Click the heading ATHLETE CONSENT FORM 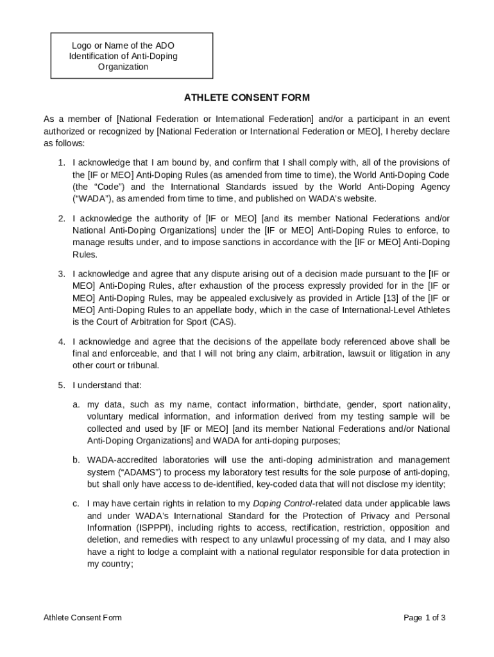point(247,98)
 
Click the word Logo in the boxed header point(81,46)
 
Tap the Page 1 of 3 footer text point(424,618)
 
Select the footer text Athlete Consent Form point(83,618)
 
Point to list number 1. point(62,162)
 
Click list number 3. point(62,273)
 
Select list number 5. point(62,385)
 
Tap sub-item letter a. point(76,404)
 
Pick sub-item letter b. point(76,460)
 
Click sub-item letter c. point(76,504)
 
